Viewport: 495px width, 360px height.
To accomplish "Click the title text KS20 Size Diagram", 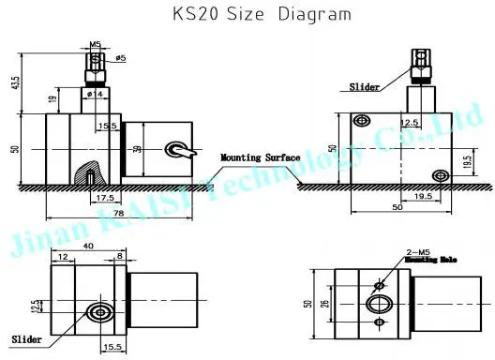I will (x=248, y=14).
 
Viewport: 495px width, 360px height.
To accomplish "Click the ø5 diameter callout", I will (x=119, y=59).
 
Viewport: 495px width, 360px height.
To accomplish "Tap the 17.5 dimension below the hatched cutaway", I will (x=103, y=198).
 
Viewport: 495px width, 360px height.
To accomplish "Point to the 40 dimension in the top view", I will (x=87, y=246).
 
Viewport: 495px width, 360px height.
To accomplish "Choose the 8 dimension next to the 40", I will (x=120, y=254).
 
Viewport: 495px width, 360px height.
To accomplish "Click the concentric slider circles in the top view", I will (x=97, y=312).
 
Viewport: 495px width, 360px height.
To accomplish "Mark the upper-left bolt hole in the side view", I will (x=361, y=122).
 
